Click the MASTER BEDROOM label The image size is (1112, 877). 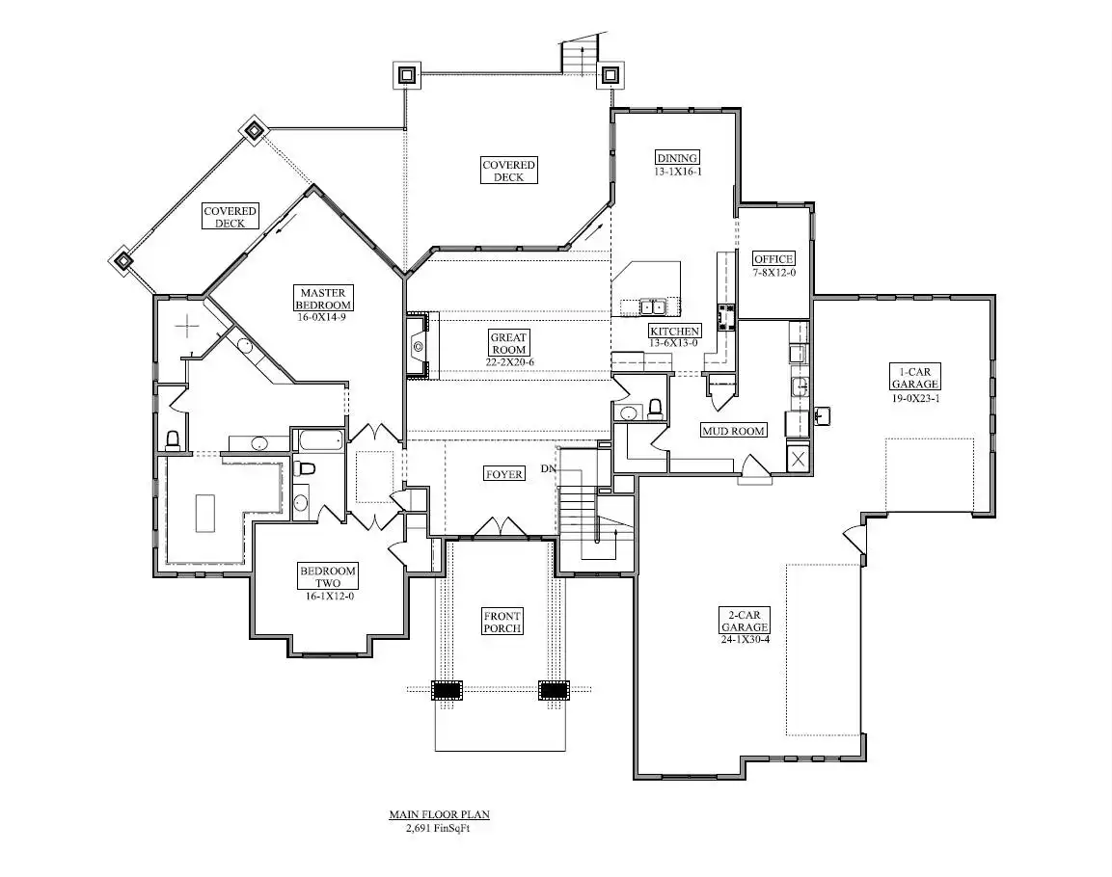tap(323, 298)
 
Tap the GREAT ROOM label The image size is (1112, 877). tap(508, 343)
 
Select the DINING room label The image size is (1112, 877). tap(677, 158)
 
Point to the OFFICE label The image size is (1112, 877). tap(773, 258)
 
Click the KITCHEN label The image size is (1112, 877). tap(674, 331)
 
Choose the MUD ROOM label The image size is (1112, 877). tap(733, 430)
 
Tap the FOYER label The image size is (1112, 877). tap(504, 474)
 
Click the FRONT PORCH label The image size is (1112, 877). tap(502, 622)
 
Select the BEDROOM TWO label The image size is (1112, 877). tap(328, 576)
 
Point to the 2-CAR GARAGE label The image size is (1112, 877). tap(745, 622)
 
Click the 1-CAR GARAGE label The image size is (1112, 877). tap(915, 378)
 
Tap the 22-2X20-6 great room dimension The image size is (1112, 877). tap(510, 362)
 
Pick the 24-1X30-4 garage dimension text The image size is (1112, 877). tap(745, 639)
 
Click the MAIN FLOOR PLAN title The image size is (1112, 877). tap(439, 814)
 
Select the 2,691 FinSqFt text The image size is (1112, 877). tap(438, 828)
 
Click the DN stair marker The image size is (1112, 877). tap(549, 469)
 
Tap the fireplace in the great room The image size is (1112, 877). tap(418, 346)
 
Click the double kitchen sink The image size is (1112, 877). tap(653, 306)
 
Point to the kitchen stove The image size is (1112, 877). tap(726, 317)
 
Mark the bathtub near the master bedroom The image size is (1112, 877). tap(320, 439)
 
